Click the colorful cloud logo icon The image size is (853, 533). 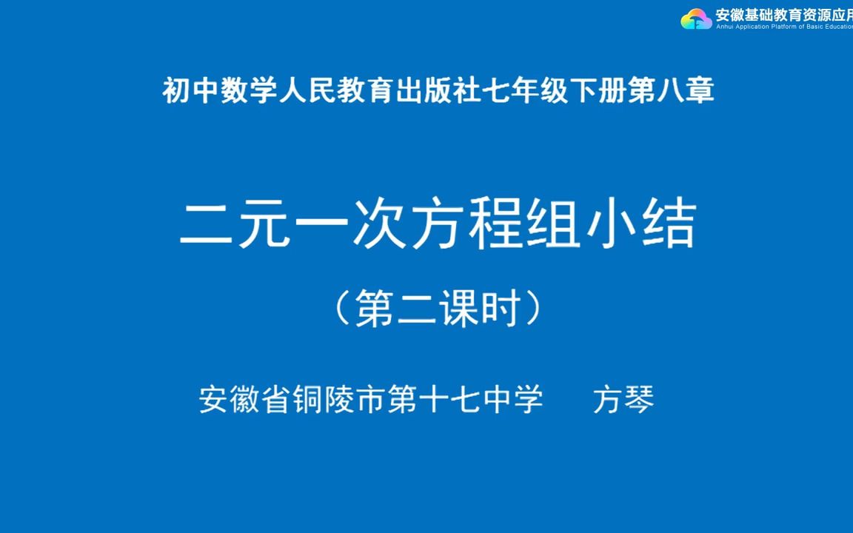click(x=696, y=19)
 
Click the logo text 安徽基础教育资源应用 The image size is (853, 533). click(x=783, y=14)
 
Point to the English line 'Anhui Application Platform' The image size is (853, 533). click(x=783, y=27)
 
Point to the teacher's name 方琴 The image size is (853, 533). click(x=623, y=400)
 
